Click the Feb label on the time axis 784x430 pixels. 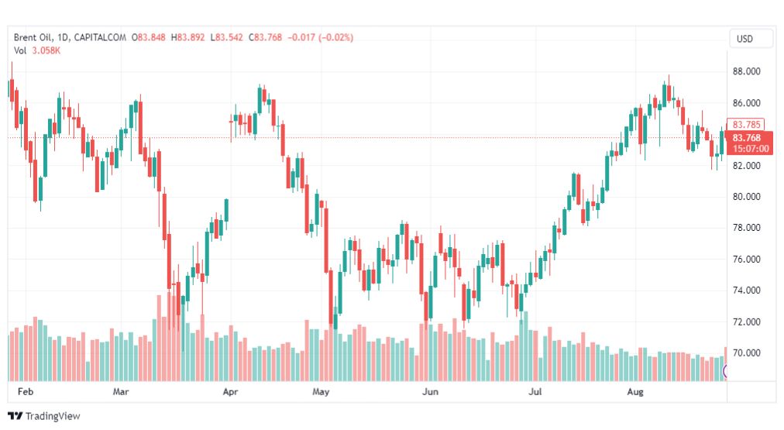25,392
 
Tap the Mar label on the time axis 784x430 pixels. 121,392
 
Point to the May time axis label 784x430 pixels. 322,392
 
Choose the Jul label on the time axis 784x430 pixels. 535,392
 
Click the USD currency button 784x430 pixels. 744,39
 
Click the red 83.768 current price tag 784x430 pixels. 748,138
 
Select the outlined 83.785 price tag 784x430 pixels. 748,124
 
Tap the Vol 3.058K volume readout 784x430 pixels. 37,50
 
